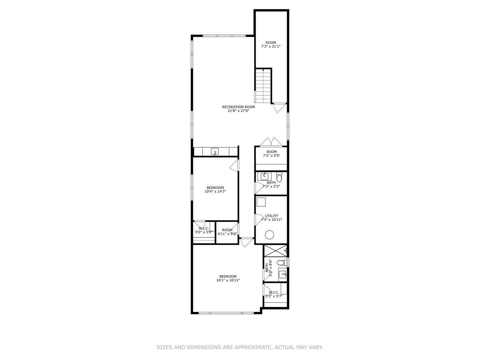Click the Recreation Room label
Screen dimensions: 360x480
(x=238, y=107)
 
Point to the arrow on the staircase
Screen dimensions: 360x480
(x=263, y=70)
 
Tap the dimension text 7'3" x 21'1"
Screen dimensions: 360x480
(x=271, y=47)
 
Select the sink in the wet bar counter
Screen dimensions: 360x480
(x=215, y=152)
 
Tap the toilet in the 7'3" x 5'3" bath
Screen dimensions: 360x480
(x=279, y=177)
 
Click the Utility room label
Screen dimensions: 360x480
(x=271, y=216)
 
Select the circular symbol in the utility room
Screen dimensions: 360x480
(x=269, y=235)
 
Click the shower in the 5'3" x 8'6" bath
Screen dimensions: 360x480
(x=275, y=250)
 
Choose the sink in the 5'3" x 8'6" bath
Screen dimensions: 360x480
(x=283, y=275)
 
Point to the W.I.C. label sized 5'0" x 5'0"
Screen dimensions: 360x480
(x=204, y=228)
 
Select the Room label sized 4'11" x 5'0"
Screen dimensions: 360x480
(x=227, y=230)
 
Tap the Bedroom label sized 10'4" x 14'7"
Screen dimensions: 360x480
(x=215, y=188)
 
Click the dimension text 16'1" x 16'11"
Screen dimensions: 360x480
(x=228, y=280)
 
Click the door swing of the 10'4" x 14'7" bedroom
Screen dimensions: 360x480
(x=234, y=165)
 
